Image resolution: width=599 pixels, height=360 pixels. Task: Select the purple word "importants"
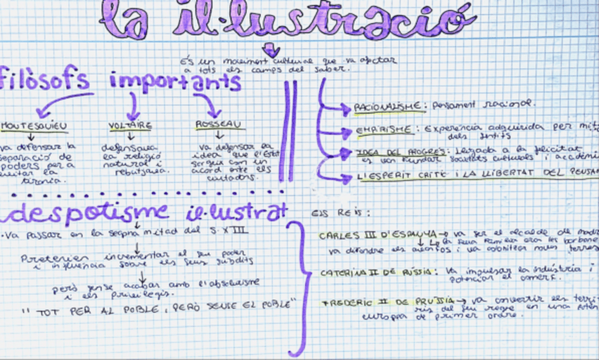coord(174,82)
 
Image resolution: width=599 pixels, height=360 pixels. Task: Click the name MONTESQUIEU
coord(33,126)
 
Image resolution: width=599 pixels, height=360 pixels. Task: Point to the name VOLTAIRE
coord(130,126)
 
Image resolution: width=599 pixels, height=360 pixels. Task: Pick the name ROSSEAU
coord(220,125)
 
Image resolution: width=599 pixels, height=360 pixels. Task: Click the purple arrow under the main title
coord(270,49)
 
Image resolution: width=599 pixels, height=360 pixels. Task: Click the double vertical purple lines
coord(290,131)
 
